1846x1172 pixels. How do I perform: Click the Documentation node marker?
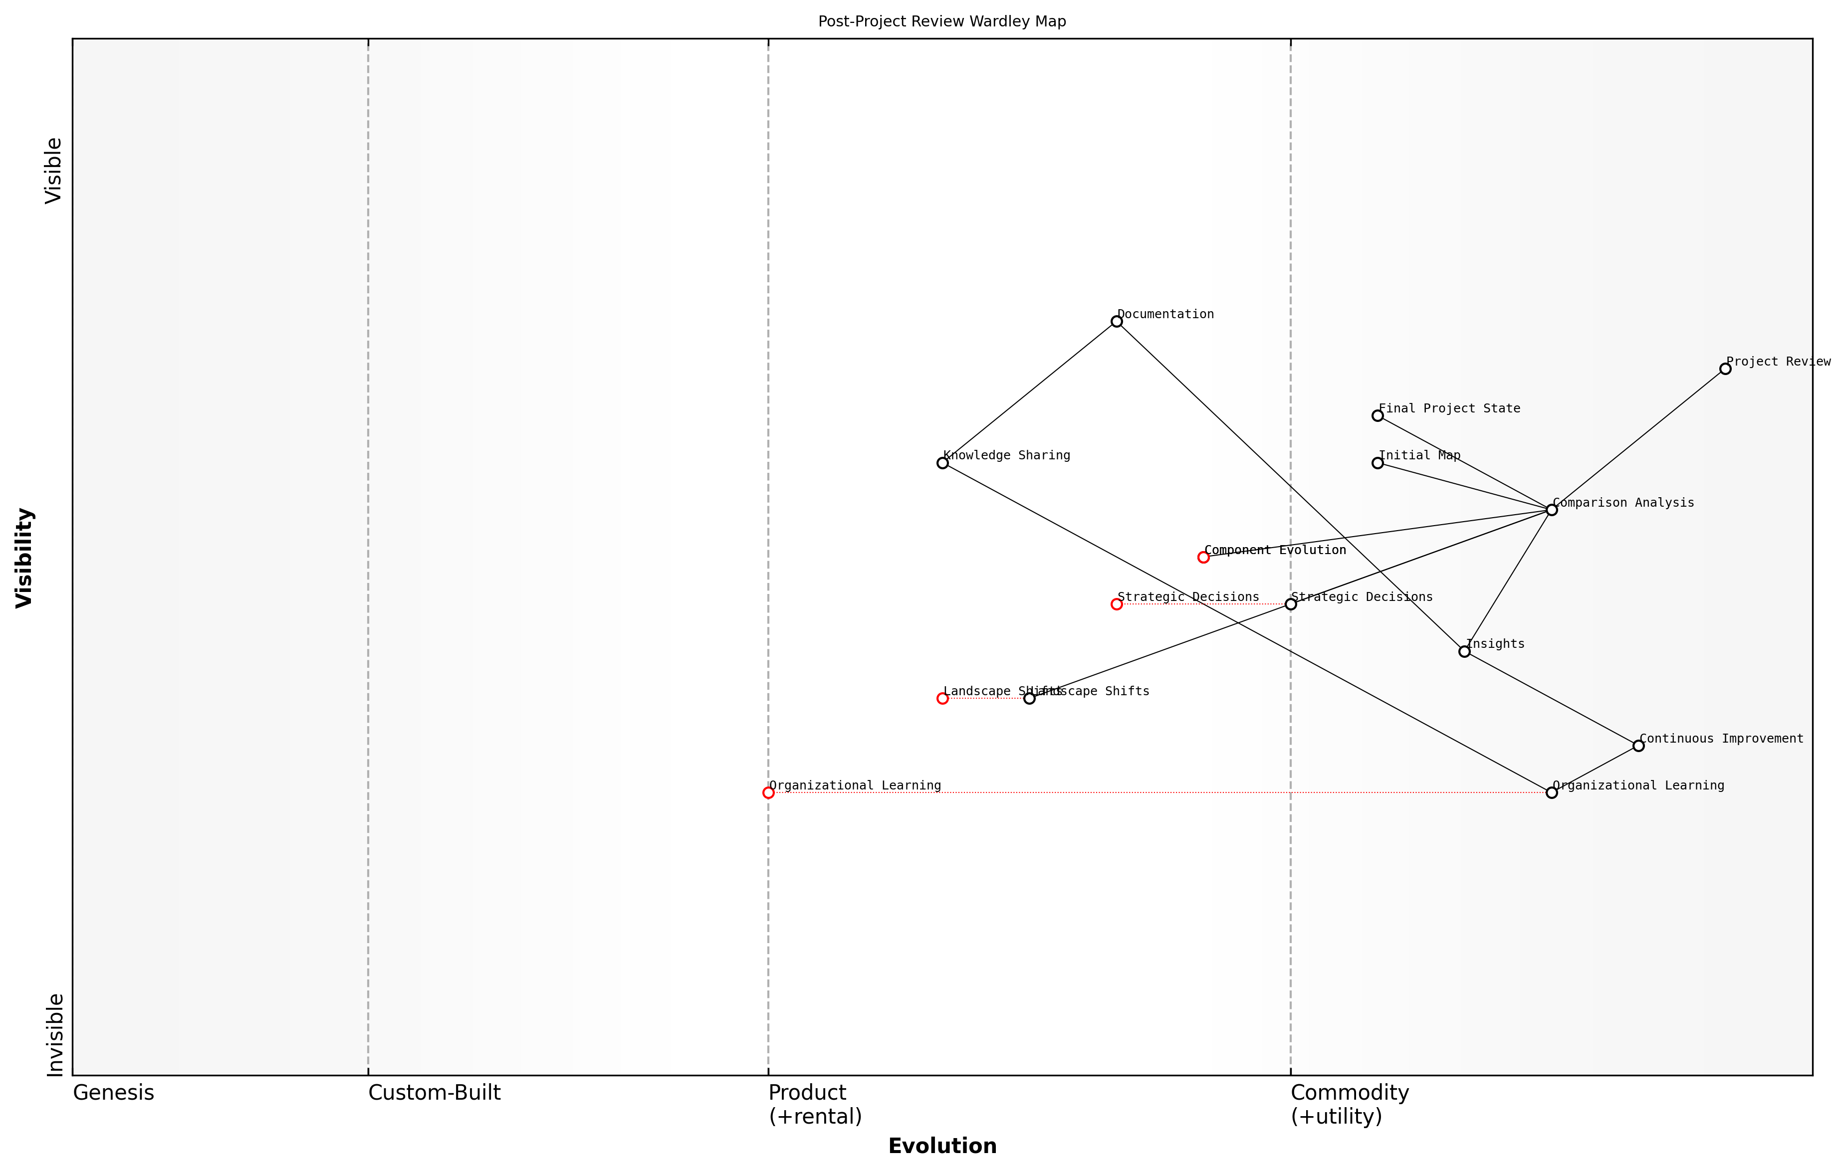1116,321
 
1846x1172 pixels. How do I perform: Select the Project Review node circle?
1725,369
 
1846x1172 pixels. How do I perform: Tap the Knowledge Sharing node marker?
942,463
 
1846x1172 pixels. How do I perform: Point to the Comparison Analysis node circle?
1551,510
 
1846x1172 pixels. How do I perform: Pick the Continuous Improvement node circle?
1638,746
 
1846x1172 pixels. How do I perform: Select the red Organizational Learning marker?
768,792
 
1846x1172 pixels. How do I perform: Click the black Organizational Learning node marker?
1551,792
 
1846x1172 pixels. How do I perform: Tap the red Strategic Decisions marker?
1116,604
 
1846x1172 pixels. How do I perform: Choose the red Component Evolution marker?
1203,557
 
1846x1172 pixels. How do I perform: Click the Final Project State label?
1449,408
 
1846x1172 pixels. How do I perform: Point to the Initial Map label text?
1419,455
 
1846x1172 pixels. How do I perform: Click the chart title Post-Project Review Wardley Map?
941,21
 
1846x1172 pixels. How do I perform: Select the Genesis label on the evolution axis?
113,1093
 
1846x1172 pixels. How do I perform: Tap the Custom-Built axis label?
434,1093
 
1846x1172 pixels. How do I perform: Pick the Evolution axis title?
941,1146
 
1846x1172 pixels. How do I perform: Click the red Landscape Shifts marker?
942,698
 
